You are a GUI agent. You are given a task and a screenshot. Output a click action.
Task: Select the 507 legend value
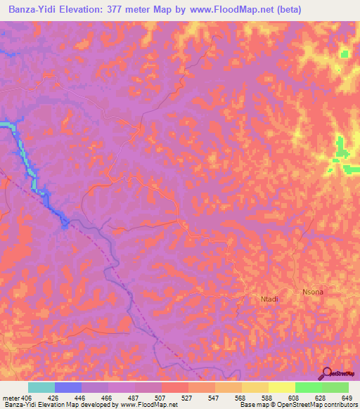coord(148,398)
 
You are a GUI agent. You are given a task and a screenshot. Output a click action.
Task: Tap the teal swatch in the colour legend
coord(41,387)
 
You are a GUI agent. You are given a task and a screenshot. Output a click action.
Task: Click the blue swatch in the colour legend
coord(68,387)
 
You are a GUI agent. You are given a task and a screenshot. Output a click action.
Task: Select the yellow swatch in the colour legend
coord(282,387)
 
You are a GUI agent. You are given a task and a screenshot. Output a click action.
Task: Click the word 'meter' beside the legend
coord(10,398)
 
